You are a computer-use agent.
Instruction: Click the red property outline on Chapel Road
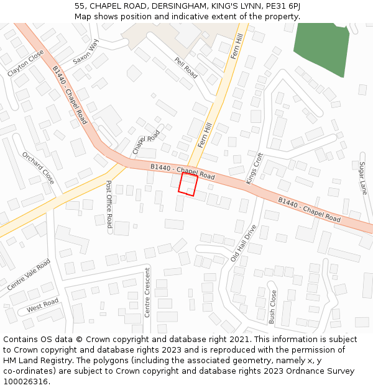(188, 185)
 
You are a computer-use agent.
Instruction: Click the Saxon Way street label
(86, 52)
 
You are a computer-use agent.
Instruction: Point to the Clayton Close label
(25, 63)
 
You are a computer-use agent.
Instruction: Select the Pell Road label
(186, 68)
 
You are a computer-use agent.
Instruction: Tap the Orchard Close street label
(38, 168)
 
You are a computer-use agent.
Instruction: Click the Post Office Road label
(109, 204)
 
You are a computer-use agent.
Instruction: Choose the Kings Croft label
(255, 168)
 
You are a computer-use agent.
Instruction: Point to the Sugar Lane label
(362, 178)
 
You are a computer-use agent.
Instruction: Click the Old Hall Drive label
(243, 243)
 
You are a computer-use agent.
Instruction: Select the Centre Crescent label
(147, 292)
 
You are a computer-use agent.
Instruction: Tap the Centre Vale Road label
(29, 275)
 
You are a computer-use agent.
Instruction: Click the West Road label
(42, 305)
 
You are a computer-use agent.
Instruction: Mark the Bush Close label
(272, 307)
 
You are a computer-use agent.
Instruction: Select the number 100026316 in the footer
(25, 381)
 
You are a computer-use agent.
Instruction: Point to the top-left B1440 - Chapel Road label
(70, 95)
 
